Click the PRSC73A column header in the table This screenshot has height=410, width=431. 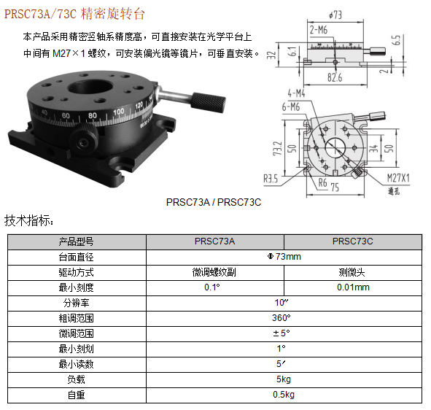[x=214, y=241]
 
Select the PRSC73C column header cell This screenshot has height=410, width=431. [x=353, y=241]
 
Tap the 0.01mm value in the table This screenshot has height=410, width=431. [x=353, y=287]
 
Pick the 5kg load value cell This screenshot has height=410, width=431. [x=284, y=379]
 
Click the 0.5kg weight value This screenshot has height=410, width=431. [x=284, y=395]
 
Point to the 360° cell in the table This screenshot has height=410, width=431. [x=281, y=318]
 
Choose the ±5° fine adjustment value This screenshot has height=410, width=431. [x=281, y=333]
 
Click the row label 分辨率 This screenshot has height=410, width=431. [x=76, y=303]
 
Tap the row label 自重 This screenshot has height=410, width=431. [x=76, y=395]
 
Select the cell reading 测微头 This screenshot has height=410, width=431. [x=352, y=272]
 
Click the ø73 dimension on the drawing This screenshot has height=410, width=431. [x=335, y=15]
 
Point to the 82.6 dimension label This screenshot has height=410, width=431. [x=335, y=77]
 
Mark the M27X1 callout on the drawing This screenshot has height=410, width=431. [x=398, y=178]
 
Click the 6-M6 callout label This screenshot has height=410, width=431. [x=290, y=107]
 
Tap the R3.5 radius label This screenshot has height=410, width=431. [x=271, y=179]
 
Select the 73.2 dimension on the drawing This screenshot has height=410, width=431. [x=278, y=149]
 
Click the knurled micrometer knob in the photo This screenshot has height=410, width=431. [x=208, y=102]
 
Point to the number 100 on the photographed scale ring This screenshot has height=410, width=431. [x=119, y=112]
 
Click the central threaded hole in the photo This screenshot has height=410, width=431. [x=90, y=88]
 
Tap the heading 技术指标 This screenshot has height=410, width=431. [x=28, y=220]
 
